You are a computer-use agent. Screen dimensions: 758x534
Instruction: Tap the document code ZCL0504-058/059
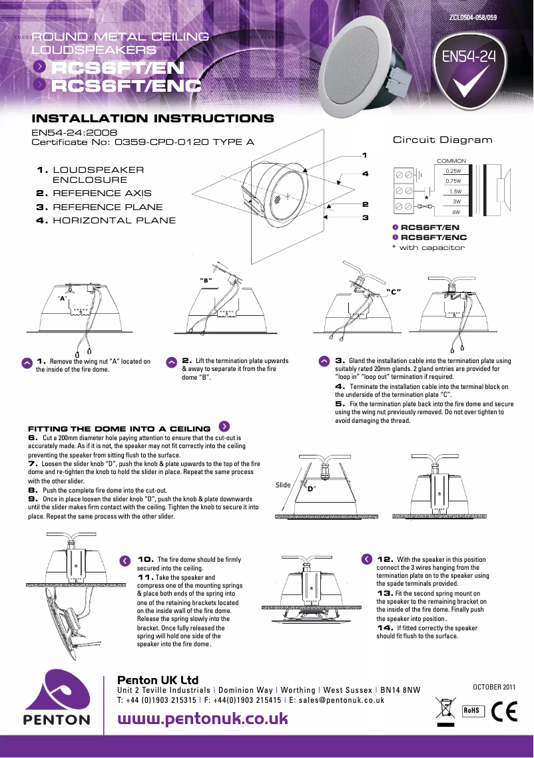(x=472, y=16)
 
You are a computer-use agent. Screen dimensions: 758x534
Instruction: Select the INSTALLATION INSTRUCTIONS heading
(x=153, y=119)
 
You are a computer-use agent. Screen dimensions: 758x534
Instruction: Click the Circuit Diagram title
(x=442, y=140)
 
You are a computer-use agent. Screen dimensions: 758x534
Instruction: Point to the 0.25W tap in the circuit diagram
(x=453, y=171)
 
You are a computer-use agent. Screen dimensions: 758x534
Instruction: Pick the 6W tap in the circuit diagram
(x=457, y=211)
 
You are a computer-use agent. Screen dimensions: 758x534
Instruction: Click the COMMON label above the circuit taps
(x=451, y=161)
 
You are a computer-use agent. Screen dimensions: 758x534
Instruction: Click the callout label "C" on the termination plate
(x=397, y=292)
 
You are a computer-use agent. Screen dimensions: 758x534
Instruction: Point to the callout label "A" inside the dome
(x=63, y=299)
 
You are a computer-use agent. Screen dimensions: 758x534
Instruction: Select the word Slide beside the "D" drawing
(x=283, y=485)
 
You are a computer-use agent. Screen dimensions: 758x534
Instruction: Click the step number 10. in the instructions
(x=146, y=560)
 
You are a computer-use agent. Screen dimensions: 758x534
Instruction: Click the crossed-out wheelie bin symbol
(x=444, y=710)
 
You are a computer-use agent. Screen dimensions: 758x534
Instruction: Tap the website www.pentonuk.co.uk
(x=202, y=719)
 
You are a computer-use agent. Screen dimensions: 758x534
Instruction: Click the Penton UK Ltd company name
(x=158, y=680)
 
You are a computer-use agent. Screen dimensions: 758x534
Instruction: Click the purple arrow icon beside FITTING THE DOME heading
(x=224, y=426)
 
